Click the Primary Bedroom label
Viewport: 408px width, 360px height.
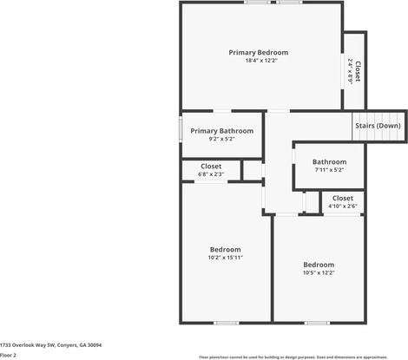[258, 52]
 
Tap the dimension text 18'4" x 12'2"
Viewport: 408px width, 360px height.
[258, 60]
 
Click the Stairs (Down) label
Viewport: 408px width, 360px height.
[378, 125]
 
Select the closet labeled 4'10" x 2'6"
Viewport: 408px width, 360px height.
[342, 199]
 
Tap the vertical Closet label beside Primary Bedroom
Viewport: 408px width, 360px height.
[358, 69]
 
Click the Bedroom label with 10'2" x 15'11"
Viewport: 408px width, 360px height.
[225, 249]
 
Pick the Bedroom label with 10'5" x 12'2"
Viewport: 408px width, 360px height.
[319, 265]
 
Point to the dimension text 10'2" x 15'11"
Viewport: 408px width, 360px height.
[225, 257]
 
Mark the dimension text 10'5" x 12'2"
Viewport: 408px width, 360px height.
[319, 272]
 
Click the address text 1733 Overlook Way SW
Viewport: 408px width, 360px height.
[50, 344]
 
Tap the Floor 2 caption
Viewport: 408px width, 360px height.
[9, 355]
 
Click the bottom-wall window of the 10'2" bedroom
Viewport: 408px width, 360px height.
[226, 323]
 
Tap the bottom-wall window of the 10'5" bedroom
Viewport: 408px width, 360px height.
[317, 323]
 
